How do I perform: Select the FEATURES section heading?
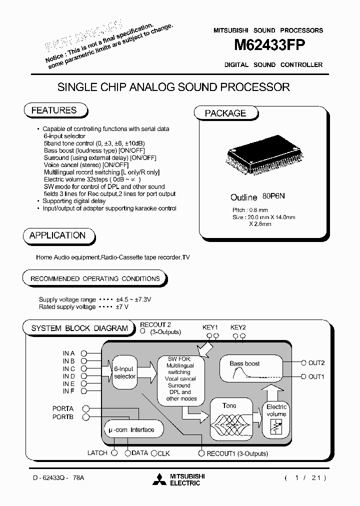[54, 110]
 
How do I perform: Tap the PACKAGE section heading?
[225, 113]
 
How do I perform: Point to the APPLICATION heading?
[57, 235]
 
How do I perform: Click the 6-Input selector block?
[124, 372]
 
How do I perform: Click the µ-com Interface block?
[131, 429]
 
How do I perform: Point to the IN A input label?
[68, 353]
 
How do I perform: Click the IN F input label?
[68, 391]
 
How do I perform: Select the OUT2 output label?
[316, 362]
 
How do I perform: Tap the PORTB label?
[63, 416]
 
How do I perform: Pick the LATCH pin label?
[97, 453]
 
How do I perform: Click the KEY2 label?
[238, 327]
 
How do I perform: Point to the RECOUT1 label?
[220, 453]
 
